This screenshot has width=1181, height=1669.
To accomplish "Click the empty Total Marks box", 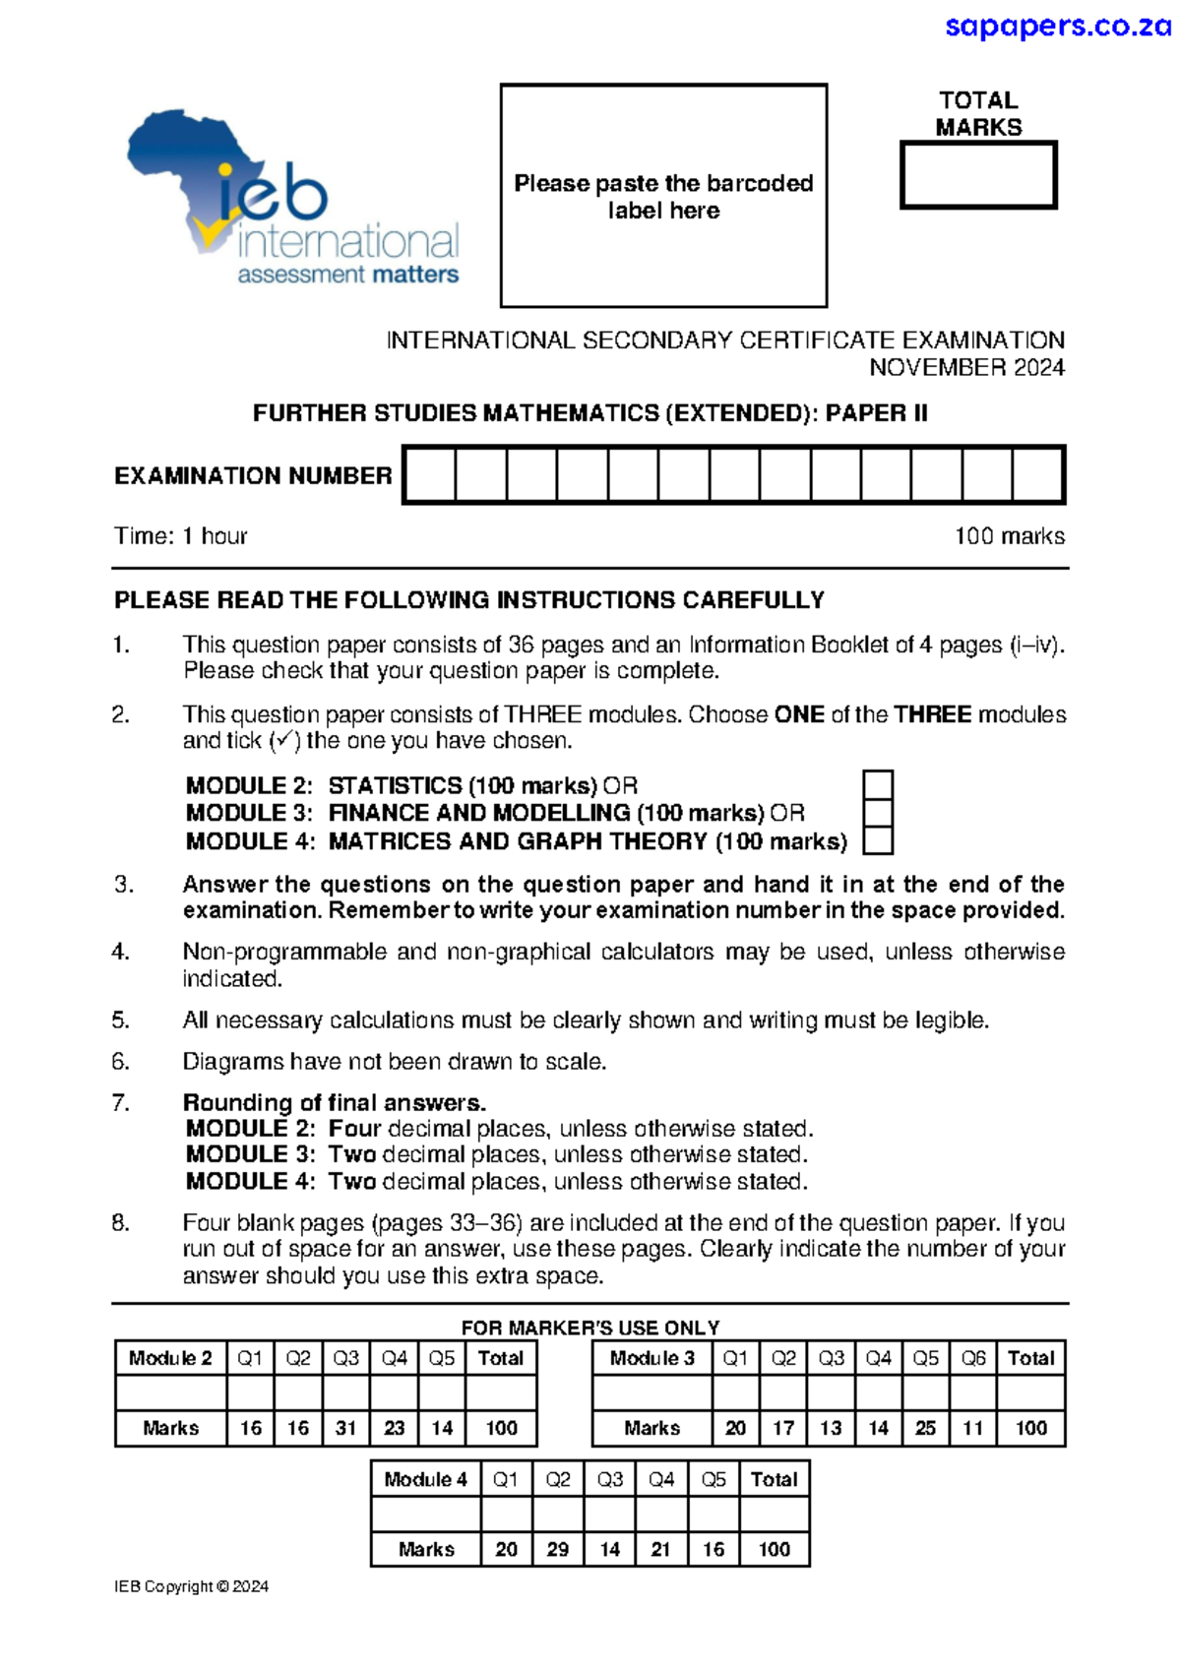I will click(x=978, y=175).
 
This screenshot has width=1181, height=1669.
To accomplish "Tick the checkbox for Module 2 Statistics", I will click(x=878, y=785).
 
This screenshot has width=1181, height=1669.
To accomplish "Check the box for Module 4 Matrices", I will click(x=878, y=841).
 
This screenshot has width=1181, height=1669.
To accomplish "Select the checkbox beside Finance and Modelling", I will click(x=878, y=813).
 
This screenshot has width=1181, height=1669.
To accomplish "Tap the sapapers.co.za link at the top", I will click(x=1057, y=26).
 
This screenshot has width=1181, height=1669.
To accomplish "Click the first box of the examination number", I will click(x=430, y=475).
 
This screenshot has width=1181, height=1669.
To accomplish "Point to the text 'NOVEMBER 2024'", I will click(x=966, y=367).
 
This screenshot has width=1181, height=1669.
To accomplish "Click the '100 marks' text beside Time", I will click(x=1009, y=536).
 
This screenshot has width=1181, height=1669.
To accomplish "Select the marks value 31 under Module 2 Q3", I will click(x=345, y=1428).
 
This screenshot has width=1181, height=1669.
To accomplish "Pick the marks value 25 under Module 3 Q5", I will click(x=925, y=1428).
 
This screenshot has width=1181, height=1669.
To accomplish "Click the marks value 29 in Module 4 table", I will click(x=558, y=1549).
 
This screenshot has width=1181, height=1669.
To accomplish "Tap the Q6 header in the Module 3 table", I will click(x=973, y=1358).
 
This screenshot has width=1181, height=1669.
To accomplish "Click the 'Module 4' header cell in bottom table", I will click(x=425, y=1479).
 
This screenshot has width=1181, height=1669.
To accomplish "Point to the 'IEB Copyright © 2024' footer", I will click(x=191, y=1586).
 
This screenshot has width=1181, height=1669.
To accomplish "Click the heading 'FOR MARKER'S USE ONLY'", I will click(x=590, y=1328).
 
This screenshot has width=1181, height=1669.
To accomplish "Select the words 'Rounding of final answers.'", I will click(x=335, y=1102).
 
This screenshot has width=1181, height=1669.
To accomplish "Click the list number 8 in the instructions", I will click(x=120, y=1223).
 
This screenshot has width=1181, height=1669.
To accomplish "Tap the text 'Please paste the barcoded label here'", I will click(x=663, y=196).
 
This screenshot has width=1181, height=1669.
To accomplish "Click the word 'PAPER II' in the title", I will click(x=876, y=413).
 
